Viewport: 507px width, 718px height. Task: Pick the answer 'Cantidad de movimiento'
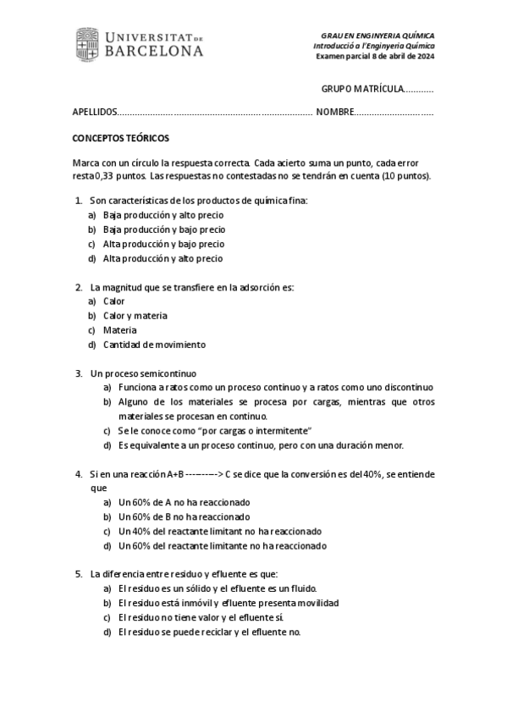154,345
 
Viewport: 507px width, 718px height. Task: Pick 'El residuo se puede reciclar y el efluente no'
210,632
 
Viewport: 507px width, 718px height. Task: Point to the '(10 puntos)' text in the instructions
406,176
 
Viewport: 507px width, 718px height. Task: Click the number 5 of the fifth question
79,574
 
